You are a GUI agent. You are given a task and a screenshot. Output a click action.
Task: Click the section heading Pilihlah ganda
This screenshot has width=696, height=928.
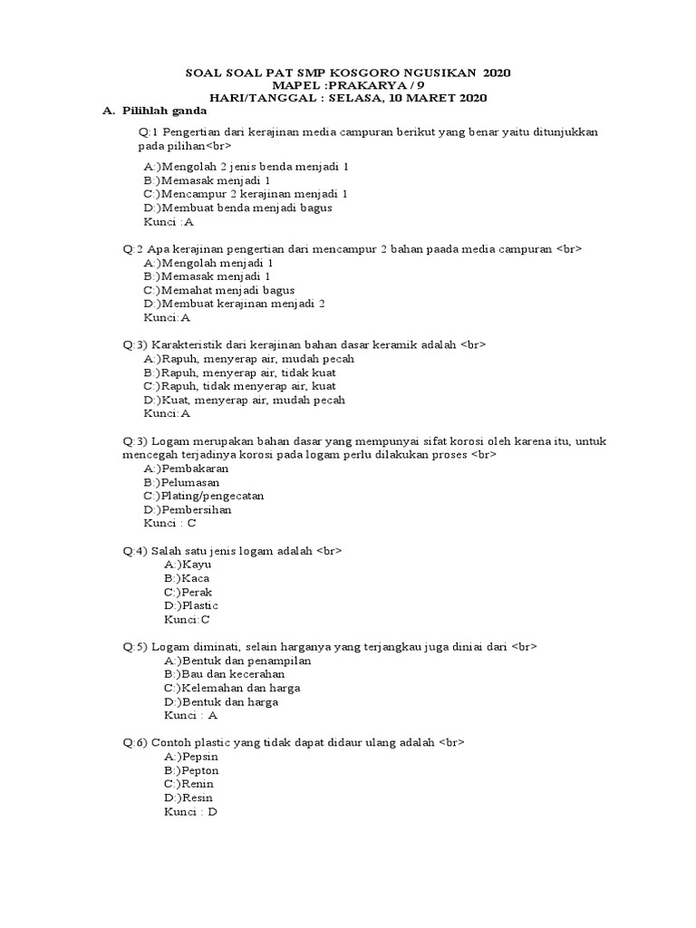pyautogui.click(x=163, y=111)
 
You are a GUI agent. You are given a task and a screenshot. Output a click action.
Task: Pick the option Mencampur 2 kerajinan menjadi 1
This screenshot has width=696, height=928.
pyautogui.click(x=246, y=194)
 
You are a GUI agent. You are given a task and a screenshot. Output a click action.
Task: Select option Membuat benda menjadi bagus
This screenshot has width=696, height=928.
pyautogui.click(x=238, y=208)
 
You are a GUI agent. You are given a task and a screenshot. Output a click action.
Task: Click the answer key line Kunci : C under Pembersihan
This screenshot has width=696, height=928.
pyautogui.click(x=169, y=523)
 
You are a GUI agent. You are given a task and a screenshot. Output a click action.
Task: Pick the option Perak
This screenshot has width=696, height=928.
pyautogui.click(x=188, y=592)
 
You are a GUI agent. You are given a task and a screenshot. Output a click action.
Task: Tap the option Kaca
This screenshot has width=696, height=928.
pyautogui.click(x=188, y=578)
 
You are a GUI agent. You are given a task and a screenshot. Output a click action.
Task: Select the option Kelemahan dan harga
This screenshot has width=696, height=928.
pyautogui.click(x=233, y=688)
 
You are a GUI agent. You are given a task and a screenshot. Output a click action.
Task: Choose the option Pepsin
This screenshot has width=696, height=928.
pyautogui.click(x=191, y=757)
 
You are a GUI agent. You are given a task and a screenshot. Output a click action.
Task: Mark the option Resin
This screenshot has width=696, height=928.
pyautogui.click(x=188, y=797)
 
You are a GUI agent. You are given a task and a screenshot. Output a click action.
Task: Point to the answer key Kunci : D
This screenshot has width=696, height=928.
pyautogui.click(x=190, y=812)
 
